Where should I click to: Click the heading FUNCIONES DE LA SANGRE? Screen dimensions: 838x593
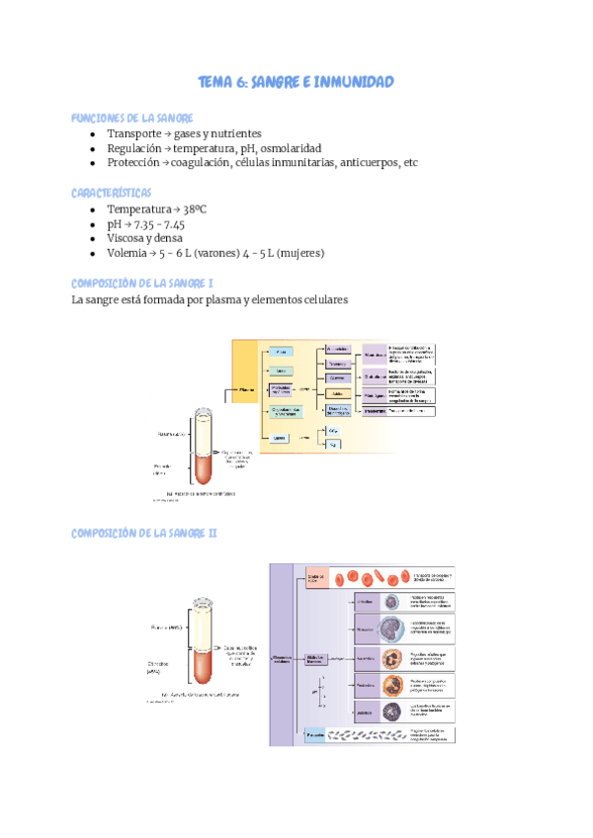(x=131, y=118)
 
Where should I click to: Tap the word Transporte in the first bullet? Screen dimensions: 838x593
(x=137, y=133)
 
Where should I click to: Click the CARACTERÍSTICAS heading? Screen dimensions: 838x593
(x=111, y=192)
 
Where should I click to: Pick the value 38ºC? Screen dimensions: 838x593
(x=204, y=209)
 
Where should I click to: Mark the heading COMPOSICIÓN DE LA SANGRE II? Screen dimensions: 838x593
(x=144, y=534)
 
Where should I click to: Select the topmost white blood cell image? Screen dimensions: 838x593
(x=392, y=602)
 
